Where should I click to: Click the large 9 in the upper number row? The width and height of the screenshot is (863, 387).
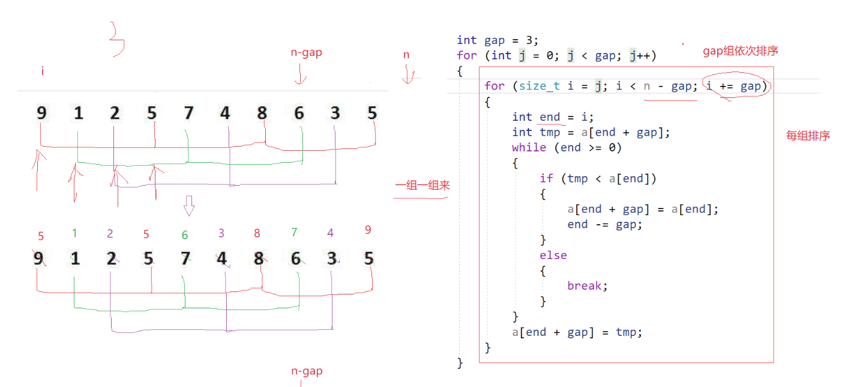pos(41,112)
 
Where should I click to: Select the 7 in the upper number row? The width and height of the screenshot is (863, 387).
pos(188,112)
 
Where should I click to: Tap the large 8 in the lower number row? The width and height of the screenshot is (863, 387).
pos(259,258)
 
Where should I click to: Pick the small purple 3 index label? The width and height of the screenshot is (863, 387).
pos(221,233)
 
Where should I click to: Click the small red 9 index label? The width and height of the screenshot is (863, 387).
pos(368,229)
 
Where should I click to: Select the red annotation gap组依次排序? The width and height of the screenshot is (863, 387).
pos(740,52)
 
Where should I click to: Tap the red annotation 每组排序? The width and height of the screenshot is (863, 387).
pos(808,136)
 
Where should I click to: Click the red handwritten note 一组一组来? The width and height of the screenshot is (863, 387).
pos(422,186)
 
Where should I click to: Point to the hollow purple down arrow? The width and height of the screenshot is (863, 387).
pos(189,206)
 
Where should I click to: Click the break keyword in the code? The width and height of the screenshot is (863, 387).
pos(588,286)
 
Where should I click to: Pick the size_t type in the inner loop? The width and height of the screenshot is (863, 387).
pos(539,86)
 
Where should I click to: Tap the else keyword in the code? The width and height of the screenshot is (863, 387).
pos(553,255)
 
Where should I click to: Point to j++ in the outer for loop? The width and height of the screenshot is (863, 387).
pos(642,56)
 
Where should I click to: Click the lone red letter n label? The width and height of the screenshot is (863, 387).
pos(406,55)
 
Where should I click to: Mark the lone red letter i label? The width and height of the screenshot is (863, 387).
pos(43,72)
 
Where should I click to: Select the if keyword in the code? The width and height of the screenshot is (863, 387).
pos(546,178)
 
